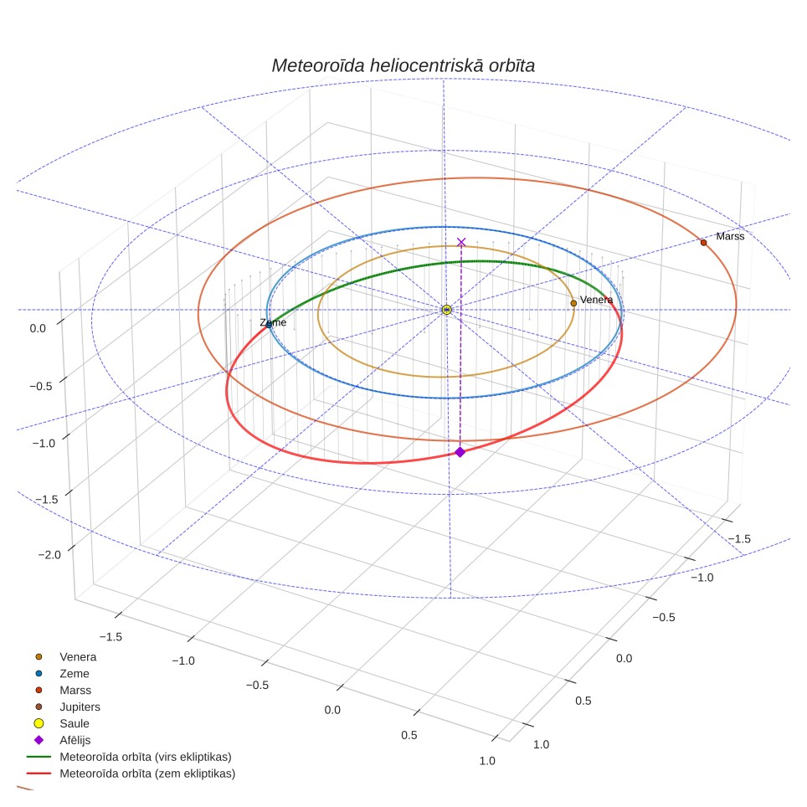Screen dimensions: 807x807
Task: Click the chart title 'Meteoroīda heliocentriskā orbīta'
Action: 403,65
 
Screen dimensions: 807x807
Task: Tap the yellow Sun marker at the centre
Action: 447,310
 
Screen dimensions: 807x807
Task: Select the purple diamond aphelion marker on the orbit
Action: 460,452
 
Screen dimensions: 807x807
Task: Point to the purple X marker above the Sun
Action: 461,242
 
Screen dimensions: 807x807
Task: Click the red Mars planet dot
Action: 703,243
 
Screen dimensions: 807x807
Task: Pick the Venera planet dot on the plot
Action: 573,303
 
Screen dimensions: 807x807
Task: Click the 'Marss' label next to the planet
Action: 730,236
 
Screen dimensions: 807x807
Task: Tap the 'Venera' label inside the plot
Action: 596,300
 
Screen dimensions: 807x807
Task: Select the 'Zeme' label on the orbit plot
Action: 273,322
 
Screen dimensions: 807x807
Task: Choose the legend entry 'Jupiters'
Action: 80,707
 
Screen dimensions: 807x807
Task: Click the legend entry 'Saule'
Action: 75,723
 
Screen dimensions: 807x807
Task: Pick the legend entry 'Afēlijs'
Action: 75,740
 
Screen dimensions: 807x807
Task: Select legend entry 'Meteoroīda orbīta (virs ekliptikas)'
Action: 146,757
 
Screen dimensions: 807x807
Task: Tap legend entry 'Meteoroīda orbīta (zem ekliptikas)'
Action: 147,773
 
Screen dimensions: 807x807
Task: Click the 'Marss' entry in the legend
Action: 75,690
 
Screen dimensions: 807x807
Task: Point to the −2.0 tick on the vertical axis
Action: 49,554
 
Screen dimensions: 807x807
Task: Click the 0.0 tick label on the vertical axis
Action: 38,328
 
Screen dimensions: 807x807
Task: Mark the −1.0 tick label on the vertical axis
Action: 44,443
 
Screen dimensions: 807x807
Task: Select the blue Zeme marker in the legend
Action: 39,673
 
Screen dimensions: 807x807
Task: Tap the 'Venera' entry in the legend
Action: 78,656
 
